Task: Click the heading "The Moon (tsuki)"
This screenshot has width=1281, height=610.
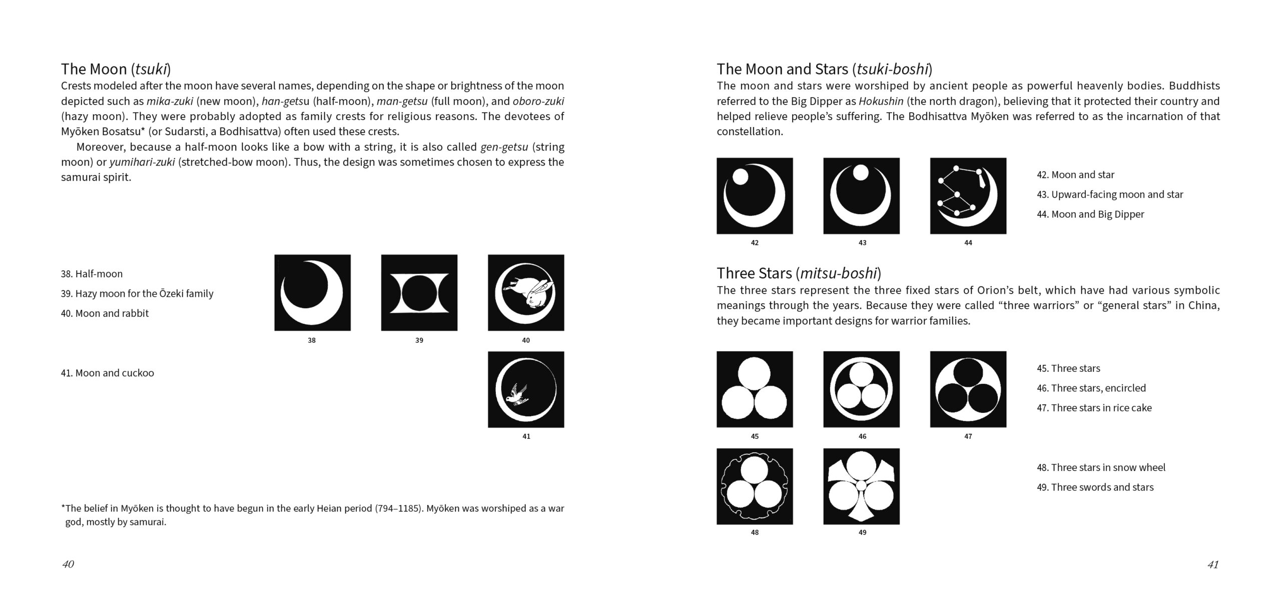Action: point(116,69)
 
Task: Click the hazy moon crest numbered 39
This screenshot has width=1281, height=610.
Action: point(419,293)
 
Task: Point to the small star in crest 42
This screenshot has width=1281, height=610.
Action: point(740,176)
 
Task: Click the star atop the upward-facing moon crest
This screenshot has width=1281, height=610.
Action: point(861,173)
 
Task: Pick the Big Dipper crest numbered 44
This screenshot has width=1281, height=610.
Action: point(968,196)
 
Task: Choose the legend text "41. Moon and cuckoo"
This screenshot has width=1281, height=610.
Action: point(107,373)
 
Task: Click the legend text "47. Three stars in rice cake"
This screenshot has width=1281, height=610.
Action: point(1094,408)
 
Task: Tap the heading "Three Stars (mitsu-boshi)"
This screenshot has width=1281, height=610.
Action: point(799,273)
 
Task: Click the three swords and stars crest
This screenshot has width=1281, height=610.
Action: point(861,486)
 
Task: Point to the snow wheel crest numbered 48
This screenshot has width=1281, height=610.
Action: point(755,486)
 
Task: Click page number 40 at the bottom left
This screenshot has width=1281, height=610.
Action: point(68,564)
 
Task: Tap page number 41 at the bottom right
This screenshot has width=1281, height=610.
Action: point(1212,564)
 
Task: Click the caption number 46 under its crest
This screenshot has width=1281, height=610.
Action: point(862,436)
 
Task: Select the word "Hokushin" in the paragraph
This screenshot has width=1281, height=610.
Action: point(881,101)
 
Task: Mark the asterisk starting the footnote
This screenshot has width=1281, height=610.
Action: point(63,508)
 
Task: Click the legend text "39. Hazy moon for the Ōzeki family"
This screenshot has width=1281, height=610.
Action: point(137,294)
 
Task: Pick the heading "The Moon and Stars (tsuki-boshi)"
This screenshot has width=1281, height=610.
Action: point(824,69)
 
